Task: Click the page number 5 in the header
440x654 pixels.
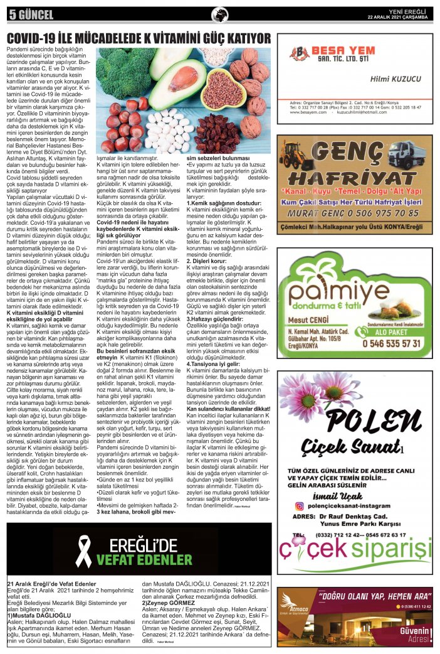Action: pos(11,14)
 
